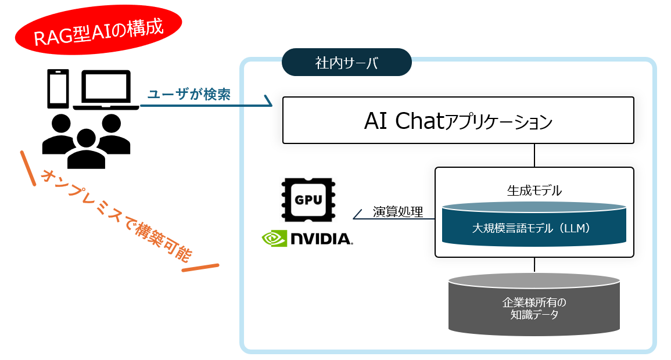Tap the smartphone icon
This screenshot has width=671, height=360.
tap(58, 90)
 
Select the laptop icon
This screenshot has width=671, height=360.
tap(106, 90)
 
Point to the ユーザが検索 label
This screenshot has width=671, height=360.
tap(189, 95)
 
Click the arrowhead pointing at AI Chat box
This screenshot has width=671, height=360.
tap(268, 101)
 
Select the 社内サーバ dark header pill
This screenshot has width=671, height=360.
tap(347, 63)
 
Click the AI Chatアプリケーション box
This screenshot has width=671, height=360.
tap(458, 120)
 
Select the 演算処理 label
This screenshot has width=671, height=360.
tap(397, 211)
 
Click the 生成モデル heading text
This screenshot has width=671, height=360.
tap(534, 190)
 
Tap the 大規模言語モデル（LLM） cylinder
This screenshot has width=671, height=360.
tap(534, 226)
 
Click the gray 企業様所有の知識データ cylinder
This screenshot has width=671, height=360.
tap(534, 306)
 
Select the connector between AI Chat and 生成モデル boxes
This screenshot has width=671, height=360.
tap(534, 156)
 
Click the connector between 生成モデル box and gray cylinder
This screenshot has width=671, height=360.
tap(534, 265)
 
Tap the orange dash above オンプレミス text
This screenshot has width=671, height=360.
tap(28, 168)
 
